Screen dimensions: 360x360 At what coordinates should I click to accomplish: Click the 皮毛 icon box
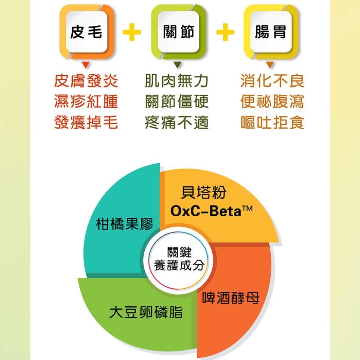pos(87,32)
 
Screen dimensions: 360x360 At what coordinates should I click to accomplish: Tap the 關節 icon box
pos(179,32)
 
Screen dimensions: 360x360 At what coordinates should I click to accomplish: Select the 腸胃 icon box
pos(271,32)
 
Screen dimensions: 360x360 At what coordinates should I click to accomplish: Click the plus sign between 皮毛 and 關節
pos(132,32)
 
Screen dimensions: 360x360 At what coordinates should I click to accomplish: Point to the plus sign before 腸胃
pos(225,32)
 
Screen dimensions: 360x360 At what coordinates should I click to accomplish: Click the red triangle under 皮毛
pos(86,65)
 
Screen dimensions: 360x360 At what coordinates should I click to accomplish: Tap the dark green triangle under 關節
pos(177,65)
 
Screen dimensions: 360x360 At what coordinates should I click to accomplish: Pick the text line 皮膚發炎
pos(86,81)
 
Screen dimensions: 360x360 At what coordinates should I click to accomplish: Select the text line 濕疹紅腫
pos(86,101)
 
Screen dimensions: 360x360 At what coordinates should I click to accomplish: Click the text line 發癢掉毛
pos(86,122)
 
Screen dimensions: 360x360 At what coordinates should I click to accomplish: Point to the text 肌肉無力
pos(177,81)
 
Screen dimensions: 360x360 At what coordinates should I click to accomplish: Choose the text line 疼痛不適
pos(177,122)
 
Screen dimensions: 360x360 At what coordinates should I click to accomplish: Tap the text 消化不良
pos(272,81)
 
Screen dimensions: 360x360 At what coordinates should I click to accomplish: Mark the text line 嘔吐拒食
pos(272,122)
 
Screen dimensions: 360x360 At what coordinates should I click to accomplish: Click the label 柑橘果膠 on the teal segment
pos(125,224)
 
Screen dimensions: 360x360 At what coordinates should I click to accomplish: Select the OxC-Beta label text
pos(212,211)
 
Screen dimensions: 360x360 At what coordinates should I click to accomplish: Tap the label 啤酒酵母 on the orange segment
pos(231,298)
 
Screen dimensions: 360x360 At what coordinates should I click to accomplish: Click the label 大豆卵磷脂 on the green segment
pos(146,312)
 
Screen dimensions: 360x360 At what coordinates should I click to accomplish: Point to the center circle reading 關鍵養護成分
pos(179,260)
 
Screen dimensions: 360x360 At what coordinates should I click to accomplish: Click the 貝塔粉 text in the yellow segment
pos(204,192)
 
